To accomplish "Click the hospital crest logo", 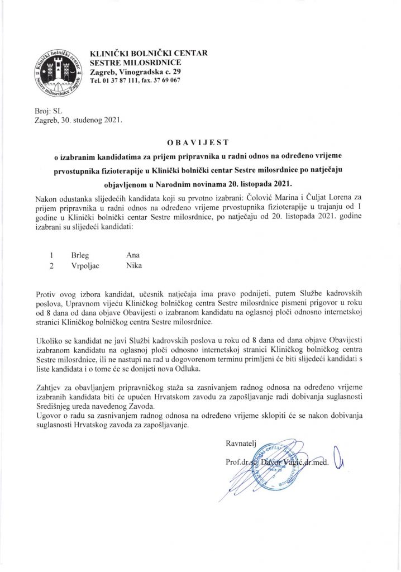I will pos(58,73).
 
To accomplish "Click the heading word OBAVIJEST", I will pos(200,144).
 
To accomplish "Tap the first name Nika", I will pos(134,265).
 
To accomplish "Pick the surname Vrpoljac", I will pos(87,265).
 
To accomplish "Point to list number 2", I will pos(52,265).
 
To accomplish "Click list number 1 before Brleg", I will pos(52,254).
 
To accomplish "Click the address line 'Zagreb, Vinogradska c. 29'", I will pos(135,73).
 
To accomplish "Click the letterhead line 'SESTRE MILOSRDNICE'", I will pos(131,63).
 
